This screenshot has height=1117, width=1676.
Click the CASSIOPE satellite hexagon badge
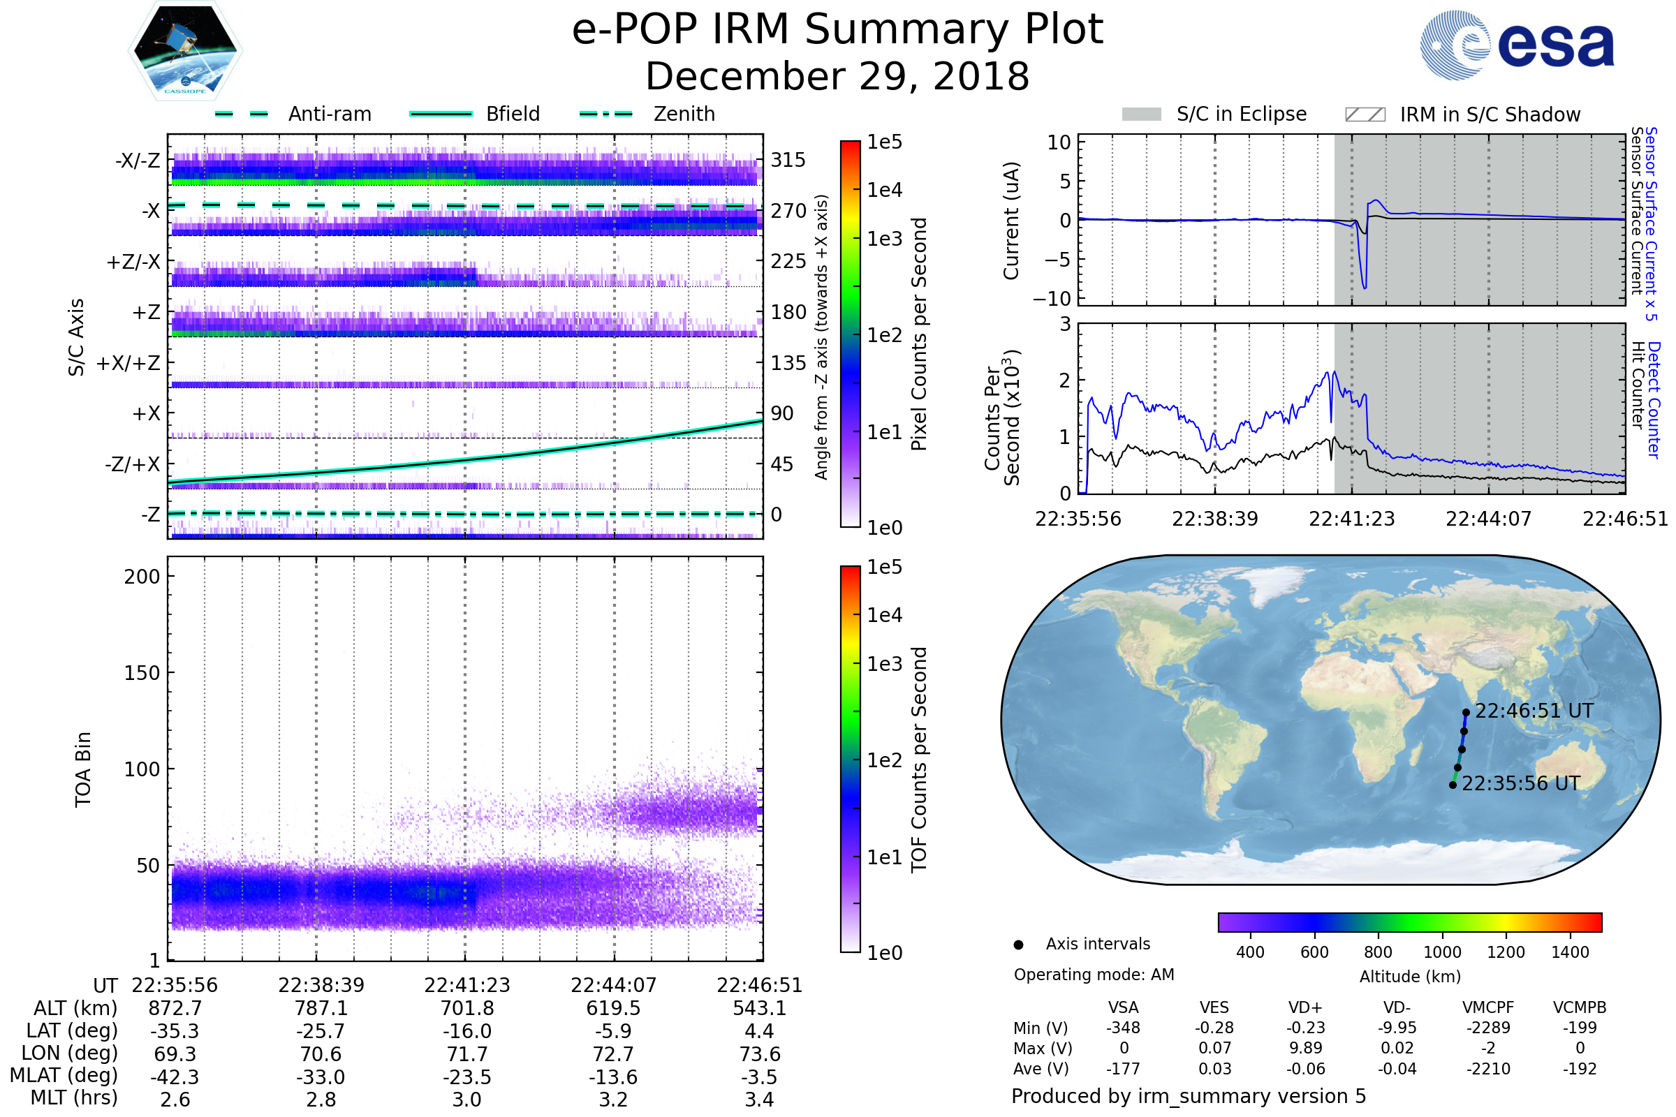[x=185, y=50]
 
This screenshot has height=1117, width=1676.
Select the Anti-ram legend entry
[x=329, y=114]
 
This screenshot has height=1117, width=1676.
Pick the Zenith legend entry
[x=684, y=114]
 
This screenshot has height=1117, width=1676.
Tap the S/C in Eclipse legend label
[x=1241, y=114]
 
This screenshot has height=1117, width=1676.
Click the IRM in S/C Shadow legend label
[x=1490, y=114]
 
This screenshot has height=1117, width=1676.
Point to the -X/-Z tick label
[x=138, y=161]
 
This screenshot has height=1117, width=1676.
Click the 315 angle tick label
[x=788, y=161]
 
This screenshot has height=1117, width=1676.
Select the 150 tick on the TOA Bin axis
[x=142, y=673]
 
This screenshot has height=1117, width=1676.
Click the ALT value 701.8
[x=466, y=1009]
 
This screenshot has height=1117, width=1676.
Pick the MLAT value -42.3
[x=175, y=1077]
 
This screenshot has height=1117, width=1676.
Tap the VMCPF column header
[x=1488, y=1008]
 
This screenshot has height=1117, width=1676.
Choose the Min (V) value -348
[x=1123, y=1028]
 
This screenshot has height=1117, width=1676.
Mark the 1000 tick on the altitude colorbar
[x=1441, y=952]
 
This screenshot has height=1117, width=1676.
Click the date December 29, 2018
[x=837, y=76]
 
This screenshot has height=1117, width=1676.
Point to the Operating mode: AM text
[x=1094, y=975]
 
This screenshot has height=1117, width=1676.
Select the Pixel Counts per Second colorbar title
[x=919, y=334]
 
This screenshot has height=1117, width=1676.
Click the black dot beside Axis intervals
[x=1018, y=945]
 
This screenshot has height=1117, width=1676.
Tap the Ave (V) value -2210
[x=1488, y=1069]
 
